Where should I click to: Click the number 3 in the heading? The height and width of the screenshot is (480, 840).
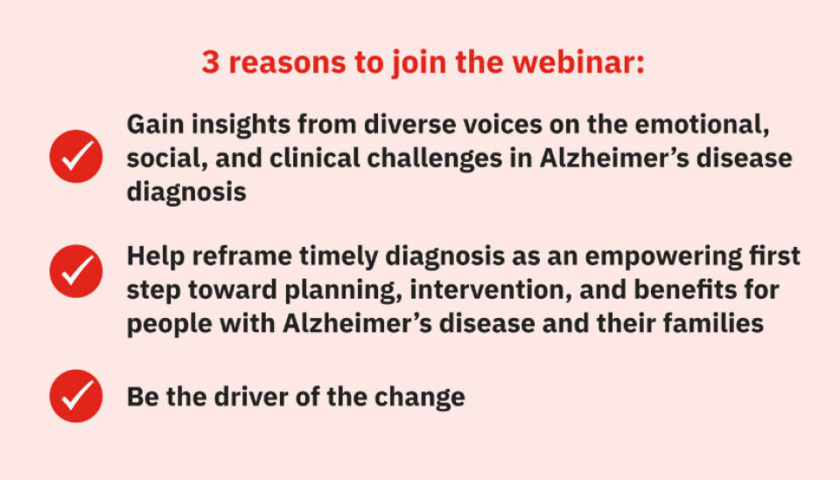211,62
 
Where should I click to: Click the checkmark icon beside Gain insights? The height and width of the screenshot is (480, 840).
76,156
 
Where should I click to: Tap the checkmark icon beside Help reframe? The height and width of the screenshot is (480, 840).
76,271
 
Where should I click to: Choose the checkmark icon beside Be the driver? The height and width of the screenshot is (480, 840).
76,396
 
